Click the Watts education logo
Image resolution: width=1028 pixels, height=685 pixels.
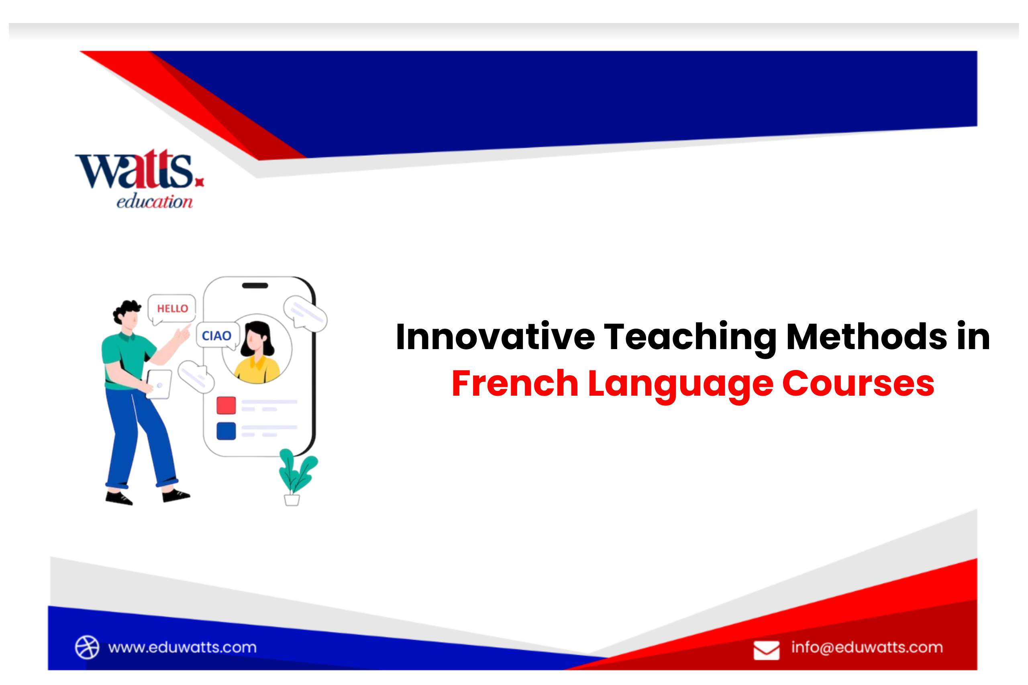tap(139, 179)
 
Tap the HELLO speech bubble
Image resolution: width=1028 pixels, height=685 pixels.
tap(172, 309)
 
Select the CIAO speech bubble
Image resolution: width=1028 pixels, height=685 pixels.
tap(218, 335)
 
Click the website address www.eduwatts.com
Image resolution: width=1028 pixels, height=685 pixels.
tap(182, 647)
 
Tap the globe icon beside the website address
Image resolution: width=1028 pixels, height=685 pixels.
tap(87, 647)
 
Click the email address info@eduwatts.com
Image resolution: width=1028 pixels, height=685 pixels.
tap(867, 647)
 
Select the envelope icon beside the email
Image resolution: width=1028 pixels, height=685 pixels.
tap(766, 650)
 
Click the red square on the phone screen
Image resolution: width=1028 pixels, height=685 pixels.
tap(226, 405)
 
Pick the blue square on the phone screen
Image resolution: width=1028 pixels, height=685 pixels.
tap(226, 431)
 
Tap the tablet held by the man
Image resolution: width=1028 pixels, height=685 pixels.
tap(159, 384)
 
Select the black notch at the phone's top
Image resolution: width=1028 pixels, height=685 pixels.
tap(255, 286)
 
